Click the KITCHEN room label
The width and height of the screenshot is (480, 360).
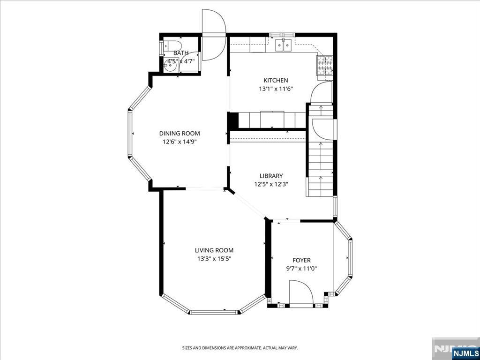[x=276, y=80]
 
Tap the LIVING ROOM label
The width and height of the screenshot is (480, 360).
[x=214, y=250]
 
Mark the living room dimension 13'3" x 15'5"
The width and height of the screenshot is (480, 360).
[x=214, y=259]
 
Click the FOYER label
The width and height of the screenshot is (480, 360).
[x=301, y=260]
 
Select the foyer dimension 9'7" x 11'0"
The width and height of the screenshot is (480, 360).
[x=301, y=269]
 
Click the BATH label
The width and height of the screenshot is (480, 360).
[x=181, y=53]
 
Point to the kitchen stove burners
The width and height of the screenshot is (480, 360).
[x=325, y=66]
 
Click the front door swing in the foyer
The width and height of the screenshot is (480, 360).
[x=301, y=292]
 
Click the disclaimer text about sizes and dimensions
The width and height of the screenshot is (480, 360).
[x=240, y=348]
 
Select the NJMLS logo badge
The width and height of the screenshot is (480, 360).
[x=465, y=353]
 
